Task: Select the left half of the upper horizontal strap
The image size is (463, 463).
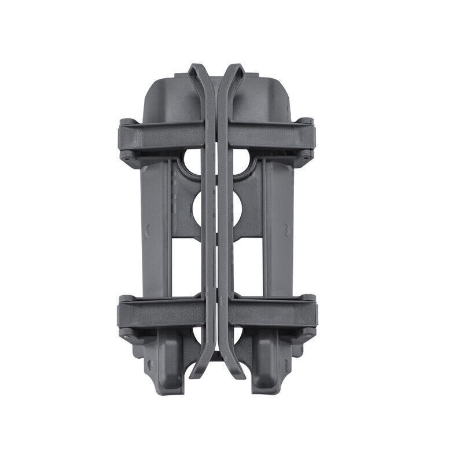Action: click(162, 134)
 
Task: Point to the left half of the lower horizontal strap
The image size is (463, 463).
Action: click(162, 313)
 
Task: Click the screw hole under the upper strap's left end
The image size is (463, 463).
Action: click(124, 156)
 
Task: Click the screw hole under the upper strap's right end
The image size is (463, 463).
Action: click(308, 156)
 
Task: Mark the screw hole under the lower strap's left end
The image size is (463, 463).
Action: click(124, 334)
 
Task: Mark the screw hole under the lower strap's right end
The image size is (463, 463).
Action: click(308, 334)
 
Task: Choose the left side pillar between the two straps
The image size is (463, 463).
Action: click(155, 231)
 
